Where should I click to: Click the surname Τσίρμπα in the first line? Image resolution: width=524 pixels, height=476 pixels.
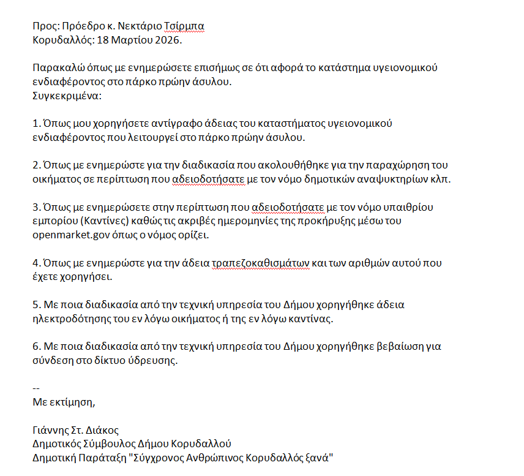pos(184,27)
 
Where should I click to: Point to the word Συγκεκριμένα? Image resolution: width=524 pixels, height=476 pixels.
pos(67,96)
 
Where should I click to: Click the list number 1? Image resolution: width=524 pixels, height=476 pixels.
pos(36,123)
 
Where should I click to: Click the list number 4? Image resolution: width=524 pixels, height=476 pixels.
pos(36,263)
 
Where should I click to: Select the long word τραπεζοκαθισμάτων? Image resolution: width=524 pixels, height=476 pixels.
pos(260,263)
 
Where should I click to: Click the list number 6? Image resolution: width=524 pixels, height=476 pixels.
pos(36,347)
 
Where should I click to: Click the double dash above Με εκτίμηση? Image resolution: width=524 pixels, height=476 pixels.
pos(36,388)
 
